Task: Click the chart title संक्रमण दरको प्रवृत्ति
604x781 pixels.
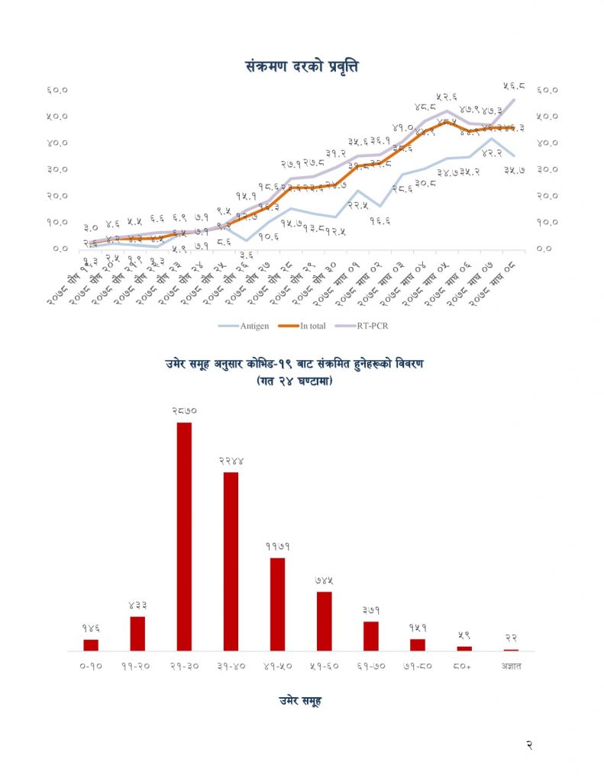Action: click(x=302, y=66)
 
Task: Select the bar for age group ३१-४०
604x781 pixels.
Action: click(x=231, y=561)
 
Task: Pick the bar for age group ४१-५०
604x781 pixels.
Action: click(x=277, y=604)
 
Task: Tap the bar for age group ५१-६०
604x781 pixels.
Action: click(x=325, y=621)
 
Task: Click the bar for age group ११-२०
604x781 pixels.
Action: click(x=137, y=633)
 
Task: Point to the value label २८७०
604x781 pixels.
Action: click(x=184, y=411)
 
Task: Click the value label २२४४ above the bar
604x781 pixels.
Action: click(x=231, y=461)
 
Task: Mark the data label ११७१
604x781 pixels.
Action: click(x=277, y=547)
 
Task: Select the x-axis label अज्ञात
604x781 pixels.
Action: click(x=511, y=666)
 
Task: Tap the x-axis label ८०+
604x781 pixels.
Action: click(x=464, y=666)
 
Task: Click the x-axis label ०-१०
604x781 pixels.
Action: click(x=91, y=666)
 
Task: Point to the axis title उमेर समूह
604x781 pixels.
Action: click(x=300, y=701)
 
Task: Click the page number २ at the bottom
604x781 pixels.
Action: click(x=529, y=745)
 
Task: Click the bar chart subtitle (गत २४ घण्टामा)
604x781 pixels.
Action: click(x=300, y=379)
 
